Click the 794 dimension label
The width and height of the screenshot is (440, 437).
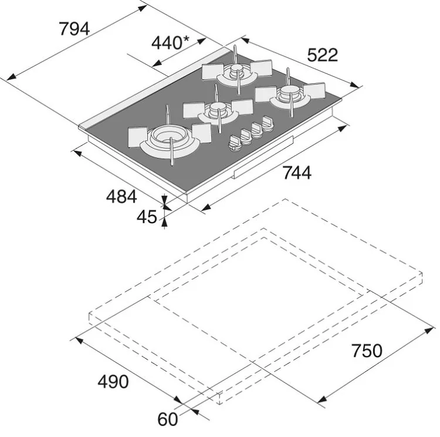coord(75,29)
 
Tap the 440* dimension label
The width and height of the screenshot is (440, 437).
coord(170,43)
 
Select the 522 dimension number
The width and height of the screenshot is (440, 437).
coord(323,55)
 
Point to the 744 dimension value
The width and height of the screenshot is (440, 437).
coord(297,173)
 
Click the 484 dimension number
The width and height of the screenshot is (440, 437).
coord(121,196)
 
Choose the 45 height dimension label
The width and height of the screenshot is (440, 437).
coord(147,217)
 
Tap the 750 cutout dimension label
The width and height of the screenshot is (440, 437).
coord(367,351)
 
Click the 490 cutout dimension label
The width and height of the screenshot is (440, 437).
coord(113,382)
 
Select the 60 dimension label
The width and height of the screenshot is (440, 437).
coord(168,419)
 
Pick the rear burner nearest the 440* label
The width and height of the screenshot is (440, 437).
coord(237,72)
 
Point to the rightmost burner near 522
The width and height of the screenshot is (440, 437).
coord(290,95)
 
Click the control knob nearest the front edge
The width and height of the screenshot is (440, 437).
coord(235,143)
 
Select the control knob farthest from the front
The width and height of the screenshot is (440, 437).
coord(268,123)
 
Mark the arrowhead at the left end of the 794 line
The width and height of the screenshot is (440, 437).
coord(11,77)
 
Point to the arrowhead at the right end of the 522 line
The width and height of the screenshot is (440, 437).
coord(355,85)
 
